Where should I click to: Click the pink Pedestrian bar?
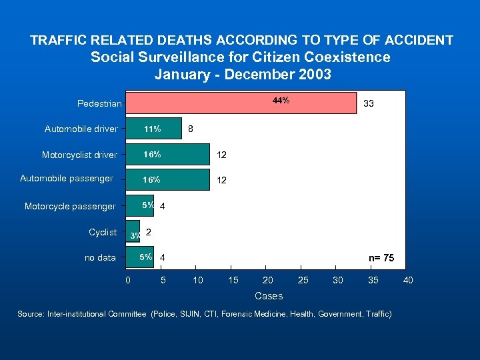pyautogui.click(x=241, y=103)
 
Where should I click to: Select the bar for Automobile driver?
pyautogui.click(x=154, y=129)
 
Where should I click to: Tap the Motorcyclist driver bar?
pyautogui.click(x=168, y=155)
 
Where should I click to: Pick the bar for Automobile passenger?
pyautogui.click(x=168, y=180)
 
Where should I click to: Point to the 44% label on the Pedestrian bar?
pyautogui.click(x=281, y=101)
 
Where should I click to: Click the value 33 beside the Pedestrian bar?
pyautogui.click(x=368, y=103)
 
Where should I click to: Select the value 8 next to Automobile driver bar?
pyautogui.click(x=191, y=129)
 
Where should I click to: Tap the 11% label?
pyautogui.click(x=152, y=129)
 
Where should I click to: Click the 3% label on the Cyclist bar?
pyautogui.click(x=135, y=236)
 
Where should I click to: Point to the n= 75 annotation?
pyautogui.click(x=381, y=257)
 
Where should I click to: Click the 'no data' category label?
pyautogui.click(x=100, y=258)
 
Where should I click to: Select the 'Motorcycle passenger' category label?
pyautogui.click(x=70, y=207)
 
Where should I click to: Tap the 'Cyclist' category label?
pyautogui.click(x=103, y=232)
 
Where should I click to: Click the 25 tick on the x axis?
pyautogui.click(x=303, y=281)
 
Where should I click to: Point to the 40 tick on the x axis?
pyautogui.click(x=408, y=281)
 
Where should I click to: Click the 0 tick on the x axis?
pyautogui.click(x=128, y=281)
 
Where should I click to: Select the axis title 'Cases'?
pyautogui.click(x=269, y=296)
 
